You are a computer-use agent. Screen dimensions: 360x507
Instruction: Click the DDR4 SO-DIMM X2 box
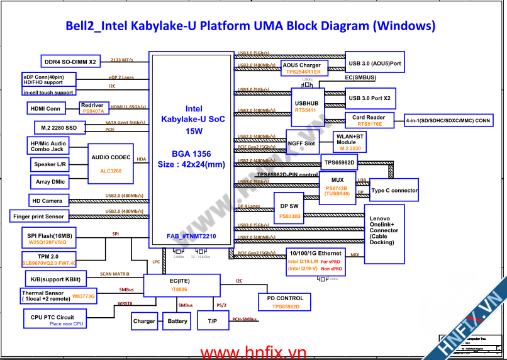70,62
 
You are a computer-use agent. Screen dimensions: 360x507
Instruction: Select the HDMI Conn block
46,108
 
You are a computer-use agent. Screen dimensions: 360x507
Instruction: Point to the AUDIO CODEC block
111,163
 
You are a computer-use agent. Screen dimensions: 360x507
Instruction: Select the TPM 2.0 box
49,260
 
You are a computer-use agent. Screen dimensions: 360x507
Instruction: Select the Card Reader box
368,120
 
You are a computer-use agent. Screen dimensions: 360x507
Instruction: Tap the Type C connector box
394,190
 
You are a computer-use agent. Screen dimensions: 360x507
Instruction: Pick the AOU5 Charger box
302,68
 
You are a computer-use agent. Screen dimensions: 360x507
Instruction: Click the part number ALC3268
111,171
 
